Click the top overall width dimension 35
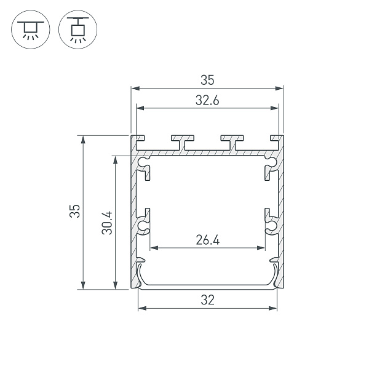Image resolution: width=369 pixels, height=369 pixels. pos(207,80)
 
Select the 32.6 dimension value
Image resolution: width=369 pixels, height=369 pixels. pos(207,101)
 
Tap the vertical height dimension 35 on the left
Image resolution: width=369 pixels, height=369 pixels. pos(74,212)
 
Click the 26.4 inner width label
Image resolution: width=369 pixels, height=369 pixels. pos(207,240)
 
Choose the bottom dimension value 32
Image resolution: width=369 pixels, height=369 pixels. pos(207,300)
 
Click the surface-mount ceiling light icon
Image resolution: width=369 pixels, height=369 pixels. pos(28,29)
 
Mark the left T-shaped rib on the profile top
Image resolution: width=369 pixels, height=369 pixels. pos(183,141)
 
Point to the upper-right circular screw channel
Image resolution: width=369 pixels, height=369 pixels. pos(271,164)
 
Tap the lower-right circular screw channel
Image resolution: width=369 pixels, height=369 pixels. pos(271,226)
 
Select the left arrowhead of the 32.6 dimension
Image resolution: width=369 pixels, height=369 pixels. pos(140,109)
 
